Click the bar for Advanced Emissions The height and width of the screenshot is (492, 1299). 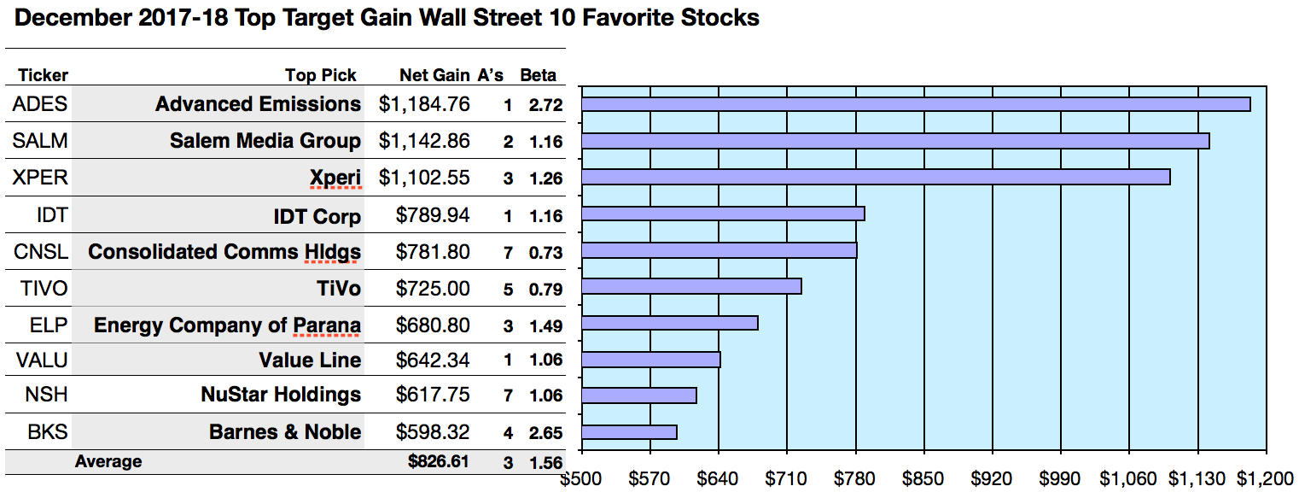(x=915, y=104)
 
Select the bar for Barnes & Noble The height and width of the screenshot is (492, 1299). (x=629, y=432)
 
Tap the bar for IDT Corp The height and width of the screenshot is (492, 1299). (x=723, y=214)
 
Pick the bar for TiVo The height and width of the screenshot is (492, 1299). (x=691, y=286)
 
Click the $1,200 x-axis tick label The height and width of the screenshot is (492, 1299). (x=1265, y=478)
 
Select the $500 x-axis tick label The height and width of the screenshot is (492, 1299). (x=580, y=478)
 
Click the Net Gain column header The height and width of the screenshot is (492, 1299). (x=434, y=75)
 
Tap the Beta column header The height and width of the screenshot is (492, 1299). (x=539, y=75)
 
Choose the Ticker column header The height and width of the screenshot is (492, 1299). (x=43, y=75)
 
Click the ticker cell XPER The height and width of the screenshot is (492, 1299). (x=40, y=178)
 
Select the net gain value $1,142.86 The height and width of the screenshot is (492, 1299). (x=424, y=141)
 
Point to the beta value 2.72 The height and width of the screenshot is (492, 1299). (x=545, y=105)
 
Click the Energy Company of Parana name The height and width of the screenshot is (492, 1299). (x=227, y=325)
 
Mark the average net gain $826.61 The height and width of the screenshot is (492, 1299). (x=439, y=462)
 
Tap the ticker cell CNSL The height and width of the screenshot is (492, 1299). (x=40, y=252)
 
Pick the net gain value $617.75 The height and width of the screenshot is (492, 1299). (x=433, y=395)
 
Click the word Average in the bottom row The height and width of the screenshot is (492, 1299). (x=108, y=462)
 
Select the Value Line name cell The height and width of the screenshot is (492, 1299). (x=310, y=360)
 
